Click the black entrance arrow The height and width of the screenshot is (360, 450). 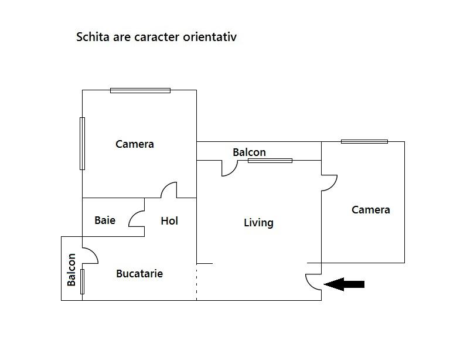point(345,284)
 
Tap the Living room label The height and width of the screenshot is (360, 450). point(258,223)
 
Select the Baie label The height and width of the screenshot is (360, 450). point(105,220)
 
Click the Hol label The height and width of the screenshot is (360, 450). point(169,220)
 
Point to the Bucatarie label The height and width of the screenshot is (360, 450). point(139,273)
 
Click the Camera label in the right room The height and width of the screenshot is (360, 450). point(370,209)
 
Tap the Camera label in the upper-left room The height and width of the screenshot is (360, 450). point(135,144)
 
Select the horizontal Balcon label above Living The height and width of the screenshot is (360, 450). point(249,152)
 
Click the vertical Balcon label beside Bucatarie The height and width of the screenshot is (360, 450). point(71,269)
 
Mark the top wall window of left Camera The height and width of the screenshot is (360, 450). point(140,90)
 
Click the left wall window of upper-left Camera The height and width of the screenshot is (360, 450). point(82,144)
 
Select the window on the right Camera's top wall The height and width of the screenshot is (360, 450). point(364,141)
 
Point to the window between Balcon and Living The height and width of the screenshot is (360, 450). point(270,160)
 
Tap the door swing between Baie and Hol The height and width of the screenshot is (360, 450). point(137,219)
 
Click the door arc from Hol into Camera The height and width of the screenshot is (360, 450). point(169,190)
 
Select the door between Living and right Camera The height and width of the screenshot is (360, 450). point(329,182)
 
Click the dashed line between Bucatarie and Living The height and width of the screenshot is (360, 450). point(196,282)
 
